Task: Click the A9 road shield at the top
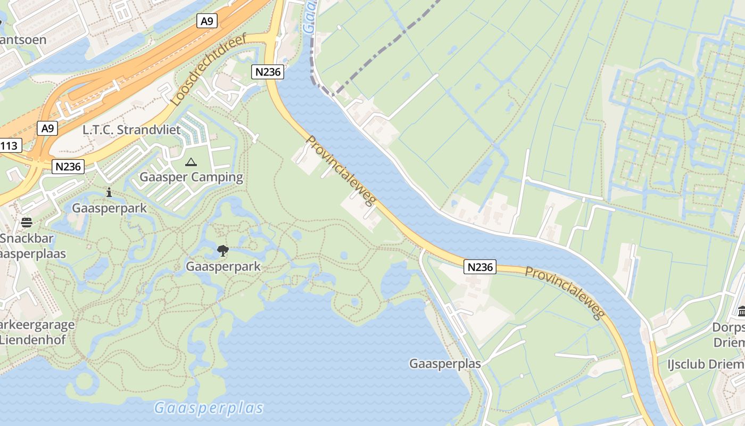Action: (x=207, y=21)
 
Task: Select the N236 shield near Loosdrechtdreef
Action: (x=268, y=72)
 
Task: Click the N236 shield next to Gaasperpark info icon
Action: (x=69, y=167)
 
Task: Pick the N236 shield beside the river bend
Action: (x=480, y=267)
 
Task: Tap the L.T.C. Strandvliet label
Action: (x=131, y=130)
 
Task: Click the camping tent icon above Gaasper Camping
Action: (x=191, y=162)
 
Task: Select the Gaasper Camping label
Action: (x=191, y=177)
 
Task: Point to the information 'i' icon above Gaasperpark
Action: (x=109, y=193)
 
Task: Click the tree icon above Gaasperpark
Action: (x=223, y=250)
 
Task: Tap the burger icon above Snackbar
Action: (x=27, y=222)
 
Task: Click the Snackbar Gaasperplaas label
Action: (x=32, y=245)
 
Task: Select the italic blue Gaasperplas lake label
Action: (x=209, y=408)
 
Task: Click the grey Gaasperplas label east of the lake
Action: (x=445, y=364)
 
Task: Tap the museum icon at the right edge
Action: (x=741, y=310)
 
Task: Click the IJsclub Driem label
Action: (x=706, y=364)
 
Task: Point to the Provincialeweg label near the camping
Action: (x=341, y=171)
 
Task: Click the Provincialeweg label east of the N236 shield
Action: (x=565, y=292)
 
